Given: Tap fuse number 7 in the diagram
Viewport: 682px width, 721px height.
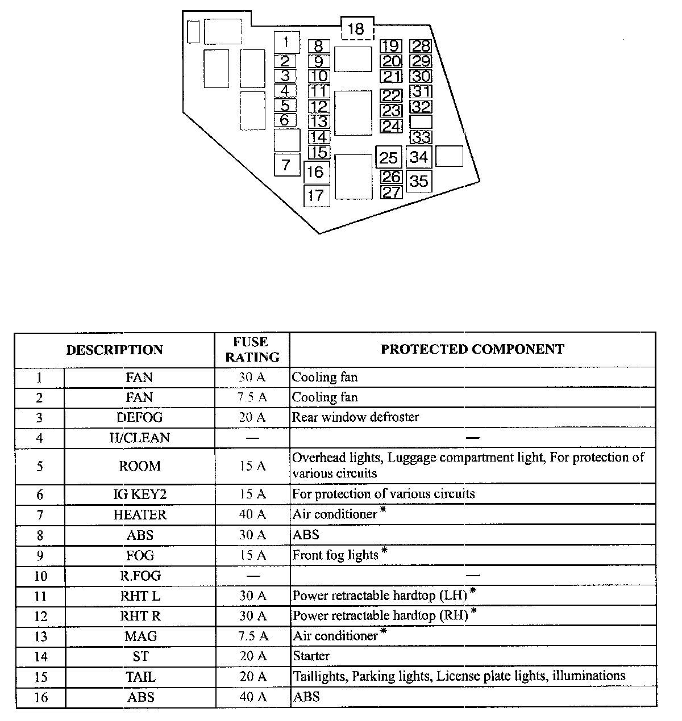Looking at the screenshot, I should (x=286, y=165).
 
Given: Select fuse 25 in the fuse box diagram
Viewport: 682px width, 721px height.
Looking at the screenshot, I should (x=389, y=157).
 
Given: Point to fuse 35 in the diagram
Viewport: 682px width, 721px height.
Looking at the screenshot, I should (x=419, y=181).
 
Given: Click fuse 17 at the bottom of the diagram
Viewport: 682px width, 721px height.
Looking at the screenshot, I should (x=316, y=196).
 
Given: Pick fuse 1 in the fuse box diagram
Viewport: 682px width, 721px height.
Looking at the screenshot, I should (x=286, y=42).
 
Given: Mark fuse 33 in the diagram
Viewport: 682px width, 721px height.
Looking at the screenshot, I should (x=421, y=137).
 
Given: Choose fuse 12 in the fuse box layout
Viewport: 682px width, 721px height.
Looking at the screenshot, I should (x=319, y=106).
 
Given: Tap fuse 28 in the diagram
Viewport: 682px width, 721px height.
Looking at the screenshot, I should (x=421, y=47).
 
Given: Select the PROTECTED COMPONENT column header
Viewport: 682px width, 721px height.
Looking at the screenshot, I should (x=472, y=350).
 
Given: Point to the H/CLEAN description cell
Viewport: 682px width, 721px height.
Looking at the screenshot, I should (x=139, y=438).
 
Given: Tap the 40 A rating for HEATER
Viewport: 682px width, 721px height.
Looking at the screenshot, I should (x=252, y=514).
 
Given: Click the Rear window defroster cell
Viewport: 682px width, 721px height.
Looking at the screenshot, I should (x=355, y=417).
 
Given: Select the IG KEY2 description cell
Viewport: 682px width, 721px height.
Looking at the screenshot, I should (x=139, y=494).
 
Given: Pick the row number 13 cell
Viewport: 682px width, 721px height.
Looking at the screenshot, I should (x=40, y=637).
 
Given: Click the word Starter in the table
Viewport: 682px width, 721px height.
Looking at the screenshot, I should (x=311, y=656).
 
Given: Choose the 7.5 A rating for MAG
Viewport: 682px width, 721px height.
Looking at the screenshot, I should (x=252, y=636).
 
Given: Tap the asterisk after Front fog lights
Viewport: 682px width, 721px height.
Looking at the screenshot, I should (x=385, y=551).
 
